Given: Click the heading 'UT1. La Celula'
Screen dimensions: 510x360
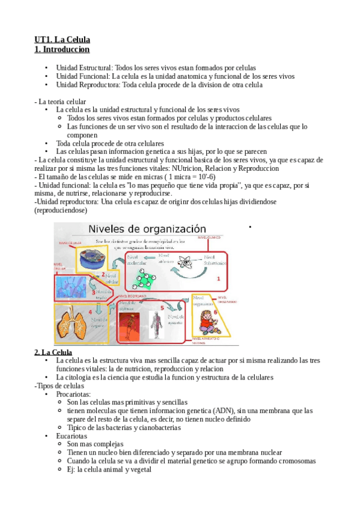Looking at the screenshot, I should pyautogui.click(x=62, y=40).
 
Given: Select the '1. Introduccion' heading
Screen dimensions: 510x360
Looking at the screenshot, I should pyautogui.click(x=62, y=49).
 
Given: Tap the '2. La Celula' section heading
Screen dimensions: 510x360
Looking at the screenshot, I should pyautogui.click(x=53, y=352).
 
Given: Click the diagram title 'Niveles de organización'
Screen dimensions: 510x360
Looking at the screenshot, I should pyautogui.click(x=147, y=229).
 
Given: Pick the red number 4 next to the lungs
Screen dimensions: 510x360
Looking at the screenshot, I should pyautogui.click(x=90, y=312).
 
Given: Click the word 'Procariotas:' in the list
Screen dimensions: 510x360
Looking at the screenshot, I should pyautogui.click(x=74, y=394).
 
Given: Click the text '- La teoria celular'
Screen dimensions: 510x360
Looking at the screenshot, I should pyautogui.click(x=61, y=102).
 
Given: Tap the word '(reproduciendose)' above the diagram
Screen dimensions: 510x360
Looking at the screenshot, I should pyautogui.click(x=61, y=210).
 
